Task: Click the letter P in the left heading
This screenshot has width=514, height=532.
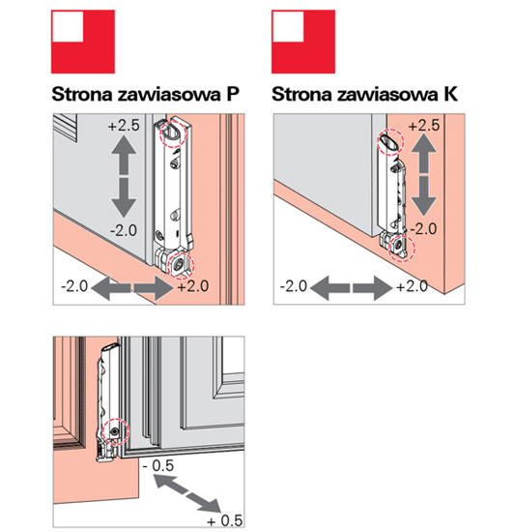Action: [233, 94]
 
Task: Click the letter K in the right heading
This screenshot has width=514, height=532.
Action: [450, 94]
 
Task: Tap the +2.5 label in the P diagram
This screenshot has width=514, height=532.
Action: [124, 126]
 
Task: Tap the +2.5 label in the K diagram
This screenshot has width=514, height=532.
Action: [424, 126]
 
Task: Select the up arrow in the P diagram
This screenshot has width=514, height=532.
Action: [124, 155]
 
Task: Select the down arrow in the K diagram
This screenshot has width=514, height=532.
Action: [423, 196]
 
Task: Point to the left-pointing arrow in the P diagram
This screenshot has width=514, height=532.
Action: [111, 288]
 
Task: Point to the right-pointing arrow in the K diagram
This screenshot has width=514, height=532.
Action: [373, 288]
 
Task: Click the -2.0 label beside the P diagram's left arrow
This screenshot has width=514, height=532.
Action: [74, 286]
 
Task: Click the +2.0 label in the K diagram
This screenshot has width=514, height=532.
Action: [412, 286]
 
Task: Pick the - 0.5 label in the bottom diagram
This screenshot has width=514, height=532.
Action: [158, 465]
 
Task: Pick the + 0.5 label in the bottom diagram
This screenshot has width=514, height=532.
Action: [225, 520]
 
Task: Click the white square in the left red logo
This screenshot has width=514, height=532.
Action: [68, 26]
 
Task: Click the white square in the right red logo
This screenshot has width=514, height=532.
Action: [288, 26]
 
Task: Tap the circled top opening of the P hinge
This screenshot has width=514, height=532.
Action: [174, 134]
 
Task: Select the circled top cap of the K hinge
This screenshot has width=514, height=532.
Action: [390, 142]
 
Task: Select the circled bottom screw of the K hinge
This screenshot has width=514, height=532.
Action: [402, 248]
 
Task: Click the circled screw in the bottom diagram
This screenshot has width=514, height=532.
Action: [116, 431]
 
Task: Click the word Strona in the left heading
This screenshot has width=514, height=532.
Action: [82, 94]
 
